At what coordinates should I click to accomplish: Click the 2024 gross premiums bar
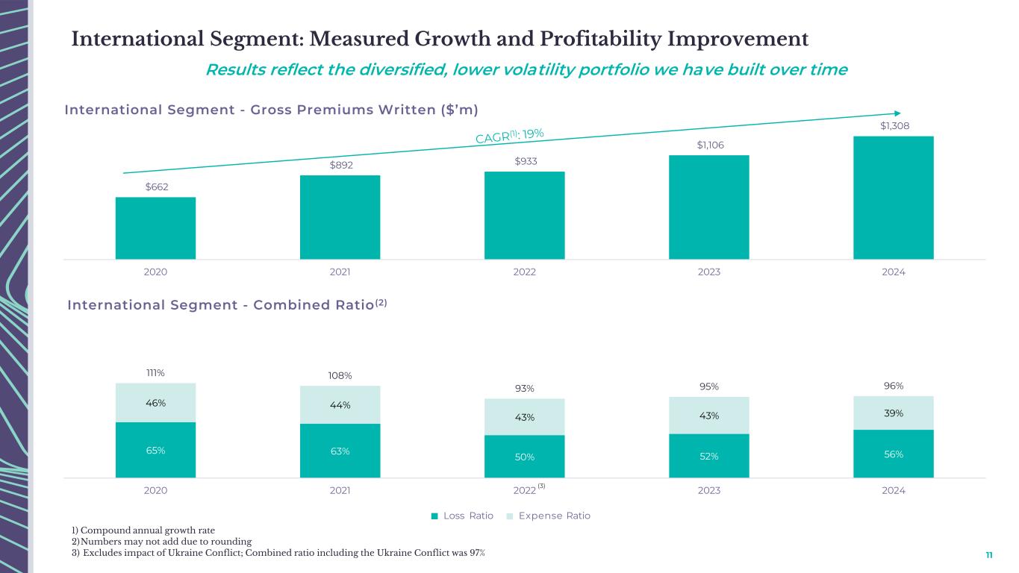(x=893, y=198)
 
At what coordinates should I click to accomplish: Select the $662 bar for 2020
(x=155, y=228)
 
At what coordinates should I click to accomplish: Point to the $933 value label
(x=524, y=161)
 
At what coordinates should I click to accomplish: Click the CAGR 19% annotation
(x=510, y=136)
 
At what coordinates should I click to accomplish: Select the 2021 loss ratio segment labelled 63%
(x=340, y=451)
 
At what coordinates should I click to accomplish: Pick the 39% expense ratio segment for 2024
(x=893, y=413)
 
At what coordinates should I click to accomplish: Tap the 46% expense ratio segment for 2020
(x=155, y=403)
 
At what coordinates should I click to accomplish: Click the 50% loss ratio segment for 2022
(x=524, y=457)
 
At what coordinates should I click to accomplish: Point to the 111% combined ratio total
(x=155, y=372)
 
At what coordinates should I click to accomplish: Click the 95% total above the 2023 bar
(x=709, y=386)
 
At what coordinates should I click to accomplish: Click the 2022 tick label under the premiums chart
(x=524, y=272)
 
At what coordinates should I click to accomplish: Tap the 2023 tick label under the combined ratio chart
(x=709, y=490)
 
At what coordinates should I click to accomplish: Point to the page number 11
(x=989, y=555)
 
